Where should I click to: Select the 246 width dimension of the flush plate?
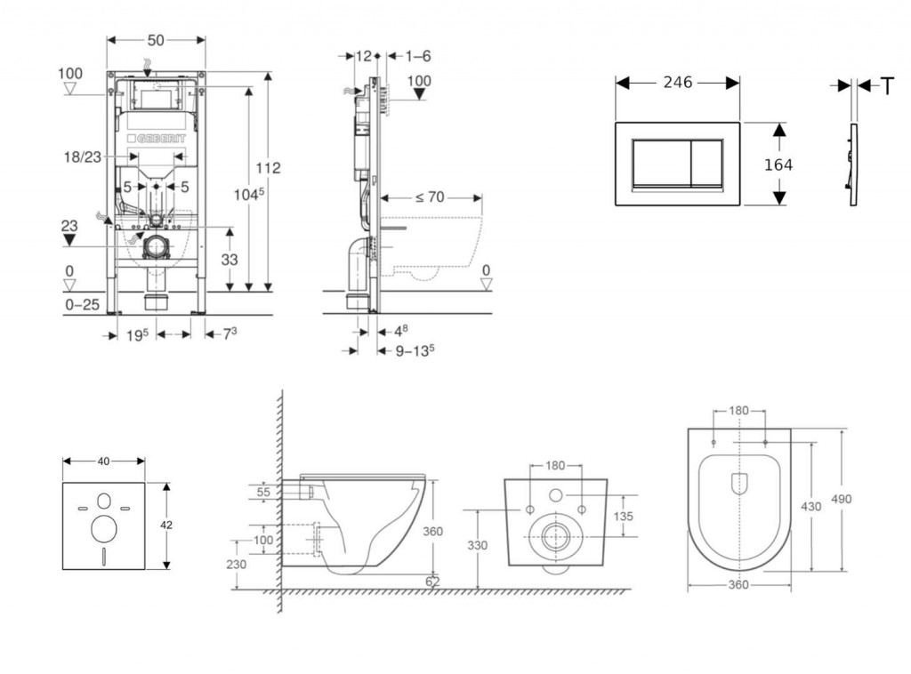pyautogui.click(x=678, y=82)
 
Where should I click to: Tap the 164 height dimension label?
pyautogui.click(x=777, y=164)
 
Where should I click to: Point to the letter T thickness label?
pyautogui.click(x=887, y=85)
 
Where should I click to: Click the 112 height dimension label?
pyautogui.click(x=268, y=168)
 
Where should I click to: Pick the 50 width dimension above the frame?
pyautogui.click(x=156, y=41)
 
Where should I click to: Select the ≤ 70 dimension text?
pyautogui.click(x=429, y=197)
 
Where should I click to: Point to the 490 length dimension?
pyautogui.click(x=840, y=499)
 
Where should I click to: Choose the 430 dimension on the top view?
pyautogui.click(x=811, y=505)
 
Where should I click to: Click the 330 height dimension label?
pyautogui.click(x=479, y=546)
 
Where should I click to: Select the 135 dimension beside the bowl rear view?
pyautogui.click(x=623, y=516)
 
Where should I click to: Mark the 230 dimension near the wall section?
pyautogui.click(x=237, y=565)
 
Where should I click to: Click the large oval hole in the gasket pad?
pyautogui.click(x=104, y=529)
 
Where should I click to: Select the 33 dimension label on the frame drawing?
pyautogui.click(x=230, y=259)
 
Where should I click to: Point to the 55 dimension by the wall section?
pyautogui.click(x=264, y=491)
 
